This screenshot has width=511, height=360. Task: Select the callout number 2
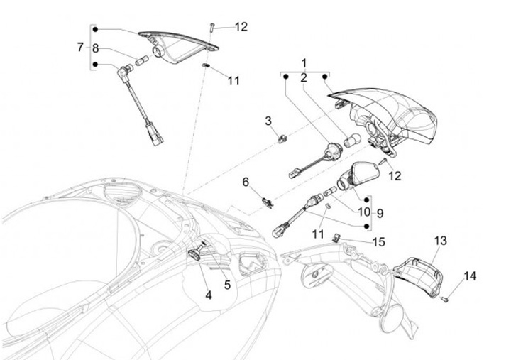[304, 78]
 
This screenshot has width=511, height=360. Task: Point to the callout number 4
[209, 294]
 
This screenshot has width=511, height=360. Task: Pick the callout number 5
[227, 285]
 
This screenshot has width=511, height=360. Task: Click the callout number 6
[246, 182]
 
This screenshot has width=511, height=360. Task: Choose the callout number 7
[80, 48]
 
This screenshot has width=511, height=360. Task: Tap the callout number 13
[440, 241]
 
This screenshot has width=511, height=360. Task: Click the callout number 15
[378, 242]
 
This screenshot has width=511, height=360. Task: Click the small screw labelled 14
[444, 300]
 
